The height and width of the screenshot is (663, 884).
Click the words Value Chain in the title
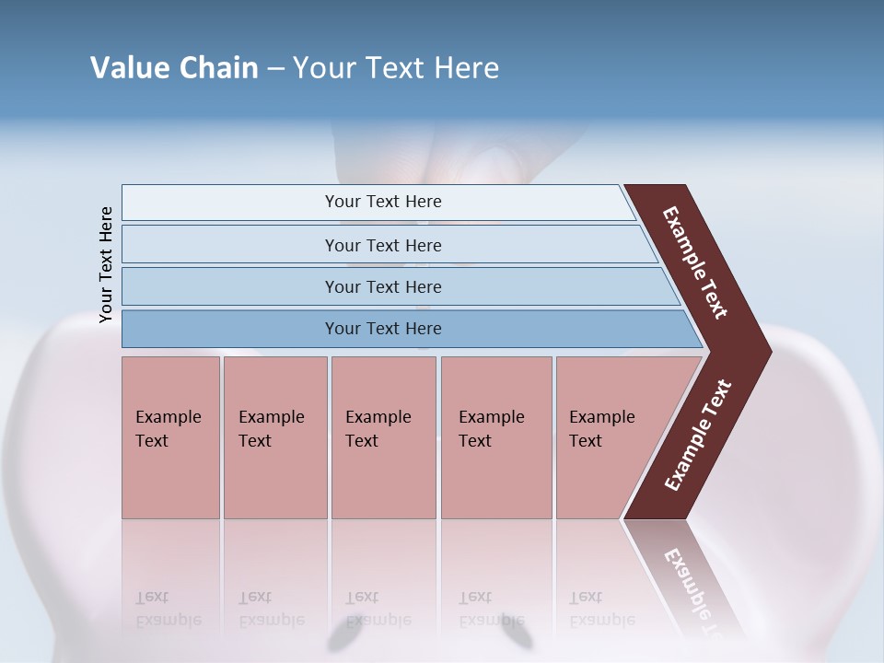pos(174,68)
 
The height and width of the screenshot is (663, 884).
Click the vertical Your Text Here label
pos(106,265)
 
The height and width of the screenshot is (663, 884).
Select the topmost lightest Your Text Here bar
pos(382,202)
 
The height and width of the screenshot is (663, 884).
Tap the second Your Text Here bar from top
pos(382,245)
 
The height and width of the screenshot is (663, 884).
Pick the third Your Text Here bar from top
pos(382,286)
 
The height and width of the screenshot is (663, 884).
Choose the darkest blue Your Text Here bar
pos(382,329)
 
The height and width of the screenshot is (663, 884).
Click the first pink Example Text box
pos(170,437)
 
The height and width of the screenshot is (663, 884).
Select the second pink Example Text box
pos(274,437)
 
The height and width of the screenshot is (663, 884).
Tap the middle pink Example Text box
pos(383,437)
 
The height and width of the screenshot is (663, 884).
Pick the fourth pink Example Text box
pos(495,437)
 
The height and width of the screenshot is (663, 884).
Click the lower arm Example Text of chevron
pos(698,435)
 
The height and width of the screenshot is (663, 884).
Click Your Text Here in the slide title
pos(396,68)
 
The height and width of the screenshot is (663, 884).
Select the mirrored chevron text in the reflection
pos(692,589)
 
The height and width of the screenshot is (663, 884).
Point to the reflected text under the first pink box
pos(168,609)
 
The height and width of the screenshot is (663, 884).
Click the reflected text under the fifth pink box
pos(601,609)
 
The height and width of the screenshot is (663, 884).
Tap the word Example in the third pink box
pos(378,417)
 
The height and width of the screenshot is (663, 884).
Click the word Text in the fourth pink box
pos(475,441)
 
